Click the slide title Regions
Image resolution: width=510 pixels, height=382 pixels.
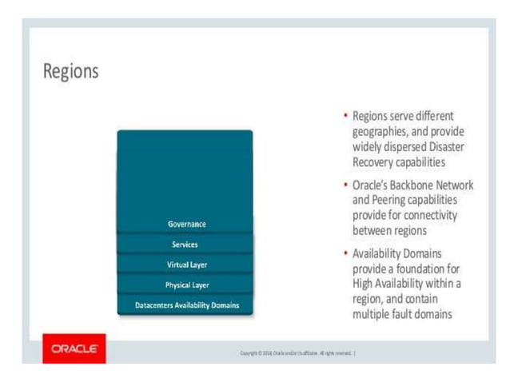[71, 71]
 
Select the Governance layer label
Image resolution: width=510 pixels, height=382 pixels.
[185, 225]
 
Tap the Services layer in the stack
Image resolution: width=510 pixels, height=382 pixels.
[185, 244]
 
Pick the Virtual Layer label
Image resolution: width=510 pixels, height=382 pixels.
[185, 264]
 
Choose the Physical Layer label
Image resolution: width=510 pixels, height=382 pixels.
[185, 284]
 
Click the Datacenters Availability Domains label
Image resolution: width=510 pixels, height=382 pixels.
[185, 304]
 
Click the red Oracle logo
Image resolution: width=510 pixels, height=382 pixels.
[74, 349]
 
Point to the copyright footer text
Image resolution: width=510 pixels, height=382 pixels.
[295, 351]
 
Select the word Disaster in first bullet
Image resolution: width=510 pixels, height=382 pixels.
[443, 146]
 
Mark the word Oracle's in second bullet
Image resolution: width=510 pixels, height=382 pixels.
[372, 185]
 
